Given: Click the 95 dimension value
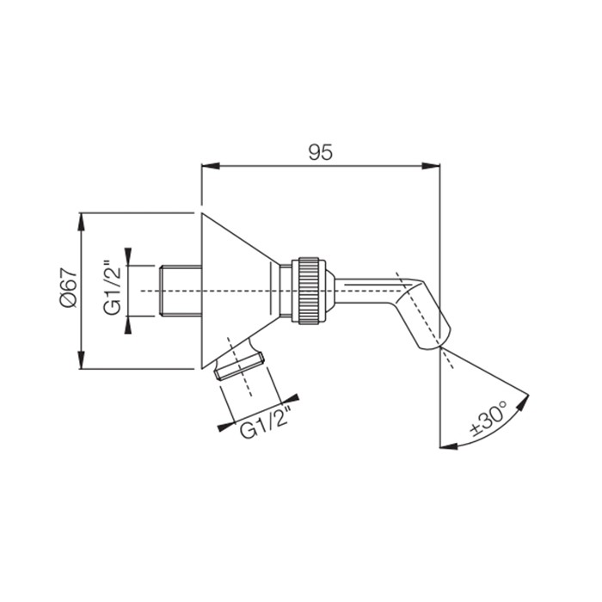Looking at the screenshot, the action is coord(321,153).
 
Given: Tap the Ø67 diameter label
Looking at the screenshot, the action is coord(69,290).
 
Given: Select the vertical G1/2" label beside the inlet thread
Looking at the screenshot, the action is coord(113,287).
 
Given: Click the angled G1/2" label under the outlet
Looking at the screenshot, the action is coord(266,421).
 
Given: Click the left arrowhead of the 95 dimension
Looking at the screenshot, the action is coord(211,166).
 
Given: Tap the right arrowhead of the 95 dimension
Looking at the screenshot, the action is coord(431,166).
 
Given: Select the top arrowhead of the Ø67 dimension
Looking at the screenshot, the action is coord(81,222).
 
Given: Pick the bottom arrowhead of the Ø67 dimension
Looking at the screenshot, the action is coord(81,359).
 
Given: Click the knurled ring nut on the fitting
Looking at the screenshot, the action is coord(308,291).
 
